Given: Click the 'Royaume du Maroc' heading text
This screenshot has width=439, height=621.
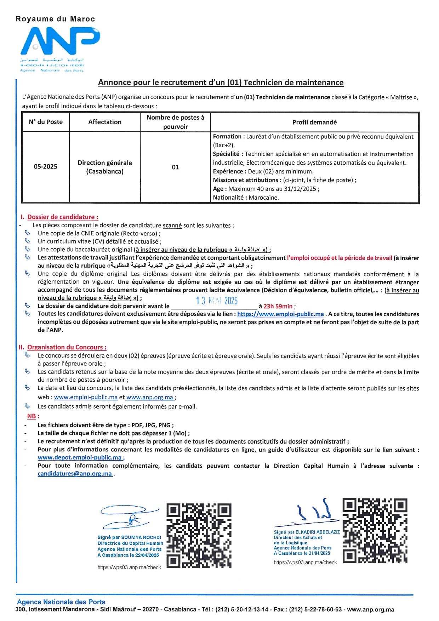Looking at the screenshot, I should click(55, 19).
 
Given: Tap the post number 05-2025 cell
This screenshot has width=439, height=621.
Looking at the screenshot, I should click(45, 167).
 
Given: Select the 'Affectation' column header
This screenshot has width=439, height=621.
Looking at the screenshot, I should click(105, 122).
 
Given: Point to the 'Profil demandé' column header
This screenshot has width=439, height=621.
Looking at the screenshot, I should click(314, 122).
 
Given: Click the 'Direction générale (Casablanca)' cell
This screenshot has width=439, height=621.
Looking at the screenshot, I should click(105, 167).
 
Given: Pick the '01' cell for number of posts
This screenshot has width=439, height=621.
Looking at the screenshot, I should click(175, 167).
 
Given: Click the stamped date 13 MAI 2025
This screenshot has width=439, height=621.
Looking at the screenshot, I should click(217, 301).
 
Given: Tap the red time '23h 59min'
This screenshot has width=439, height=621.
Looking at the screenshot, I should click(278, 306).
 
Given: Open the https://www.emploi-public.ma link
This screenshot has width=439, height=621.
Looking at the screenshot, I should click(280, 314).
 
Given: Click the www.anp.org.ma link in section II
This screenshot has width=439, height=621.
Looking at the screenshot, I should click(150, 397).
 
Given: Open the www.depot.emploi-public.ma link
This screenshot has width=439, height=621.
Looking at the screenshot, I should click(80, 457).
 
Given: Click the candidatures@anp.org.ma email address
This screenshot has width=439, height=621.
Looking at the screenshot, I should click(75, 474).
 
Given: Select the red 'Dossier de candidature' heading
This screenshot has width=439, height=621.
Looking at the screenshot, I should click(63, 217).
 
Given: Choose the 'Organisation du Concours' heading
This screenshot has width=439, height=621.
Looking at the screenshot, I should click(67, 347).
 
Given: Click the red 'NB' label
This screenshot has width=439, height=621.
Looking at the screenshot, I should click(32, 416).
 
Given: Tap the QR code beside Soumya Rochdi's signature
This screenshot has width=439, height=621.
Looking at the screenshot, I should click(199, 536).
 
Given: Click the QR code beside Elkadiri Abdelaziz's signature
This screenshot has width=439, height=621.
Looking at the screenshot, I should click(375, 531).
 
